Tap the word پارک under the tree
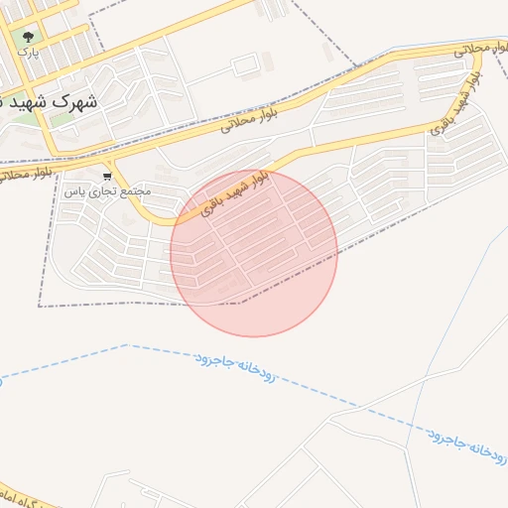(27, 53)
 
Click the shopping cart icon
(107, 176)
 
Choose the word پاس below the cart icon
(72, 190)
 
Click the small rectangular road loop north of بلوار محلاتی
(244, 65)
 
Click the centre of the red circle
(254, 254)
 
